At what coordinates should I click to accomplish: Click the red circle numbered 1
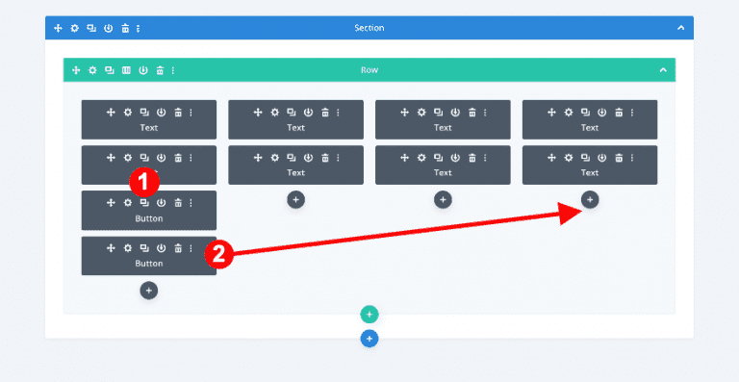pyautogui.click(x=143, y=181)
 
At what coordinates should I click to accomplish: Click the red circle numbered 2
pyautogui.click(x=218, y=254)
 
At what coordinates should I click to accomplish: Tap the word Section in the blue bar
pyautogui.click(x=369, y=28)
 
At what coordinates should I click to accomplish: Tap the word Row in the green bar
pyautogui.click(x=369, y=70)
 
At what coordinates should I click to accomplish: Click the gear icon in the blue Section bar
pyautogui.click(x=75, y=28)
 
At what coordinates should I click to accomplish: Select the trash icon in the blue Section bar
pyautogui.click(x=123, y=28)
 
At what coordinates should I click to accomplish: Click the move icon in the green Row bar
pyautogui.click(x=76, y=70)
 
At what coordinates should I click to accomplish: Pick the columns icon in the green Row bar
pyautogui.click(x=126, y=70)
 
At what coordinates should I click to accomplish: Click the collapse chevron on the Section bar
pyautogui.click(x=680, y=28)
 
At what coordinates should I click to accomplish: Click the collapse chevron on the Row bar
pyautogui.click(x=663, y=70)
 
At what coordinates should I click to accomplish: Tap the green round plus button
pyautogui.click(x=369, y=315)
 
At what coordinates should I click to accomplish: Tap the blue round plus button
pyautogui.click(x=369, y=339)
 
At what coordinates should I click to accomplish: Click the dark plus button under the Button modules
pyautogui.click(x=148, y=290)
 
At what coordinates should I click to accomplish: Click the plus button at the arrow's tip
pyautogui.click(x=590, y=199)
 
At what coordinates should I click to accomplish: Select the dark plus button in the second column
pyautogui.click(x=295, y=199)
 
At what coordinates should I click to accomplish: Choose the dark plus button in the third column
pyautogui.click(x=443, y=199)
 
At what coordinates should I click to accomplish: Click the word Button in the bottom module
pyautogui.click(x=148, y=264)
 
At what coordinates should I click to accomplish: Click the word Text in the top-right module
pyautogui.click(x=590, y=127)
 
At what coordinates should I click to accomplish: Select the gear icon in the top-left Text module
pyautogui.click(x=127, y=113)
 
